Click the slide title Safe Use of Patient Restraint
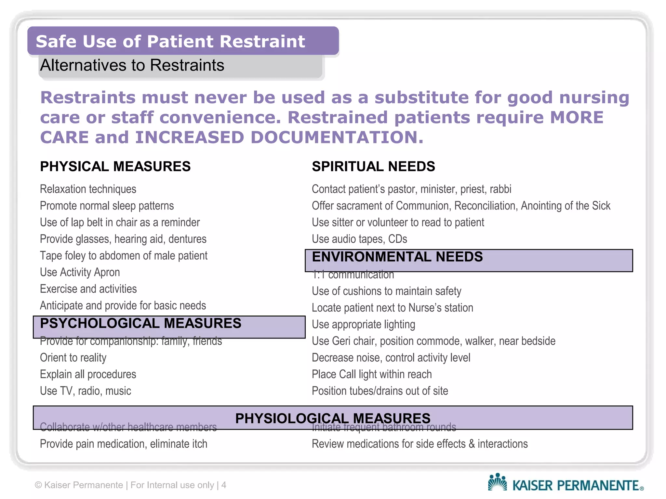(170, 42)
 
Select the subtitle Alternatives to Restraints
(132, 65)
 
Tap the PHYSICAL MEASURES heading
(115, 166)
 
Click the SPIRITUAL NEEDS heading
(373, 166)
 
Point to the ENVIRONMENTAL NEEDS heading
(397, 257)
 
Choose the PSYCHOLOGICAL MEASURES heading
(140, 324)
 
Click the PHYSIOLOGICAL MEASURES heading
(333, 418)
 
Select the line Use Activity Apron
(80, 272)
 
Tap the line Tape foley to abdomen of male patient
(124, 256)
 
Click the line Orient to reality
(73, 358)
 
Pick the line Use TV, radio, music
(86, 391)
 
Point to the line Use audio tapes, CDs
(359, 239)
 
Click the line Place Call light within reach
(372, 374)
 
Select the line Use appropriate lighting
(363, 325)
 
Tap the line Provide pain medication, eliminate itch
(124, 444)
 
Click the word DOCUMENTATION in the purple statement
(337, 137)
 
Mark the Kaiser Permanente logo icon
(497, 482)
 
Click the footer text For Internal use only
(172, 485)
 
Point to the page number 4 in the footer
(224, 485)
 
